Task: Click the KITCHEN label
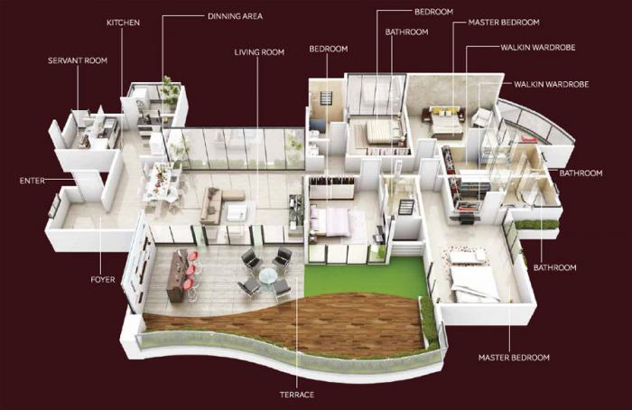[123, 22]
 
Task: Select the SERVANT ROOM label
[77, 61]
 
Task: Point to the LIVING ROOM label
[259, 52]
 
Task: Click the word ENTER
[32, 181]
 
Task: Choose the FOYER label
[103, 280]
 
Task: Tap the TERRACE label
[297, 395]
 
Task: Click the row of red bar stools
[190, 273]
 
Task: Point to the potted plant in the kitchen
[170, 89]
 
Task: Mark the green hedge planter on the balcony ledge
[536, 224]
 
